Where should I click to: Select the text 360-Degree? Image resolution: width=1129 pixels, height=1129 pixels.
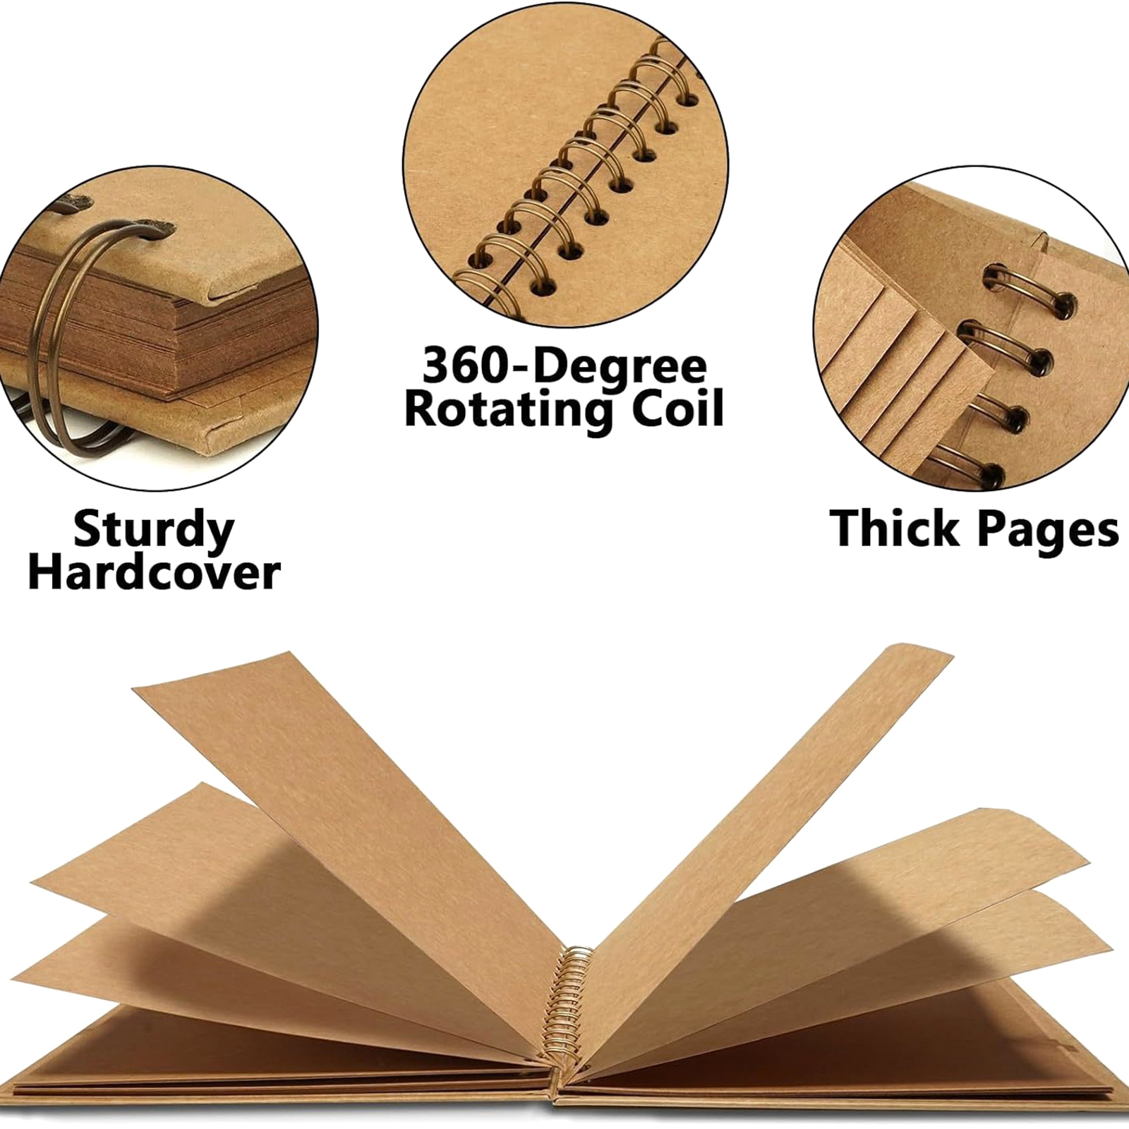tap(564, 366)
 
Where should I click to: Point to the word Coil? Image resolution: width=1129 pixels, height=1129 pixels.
tap(677, 407)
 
